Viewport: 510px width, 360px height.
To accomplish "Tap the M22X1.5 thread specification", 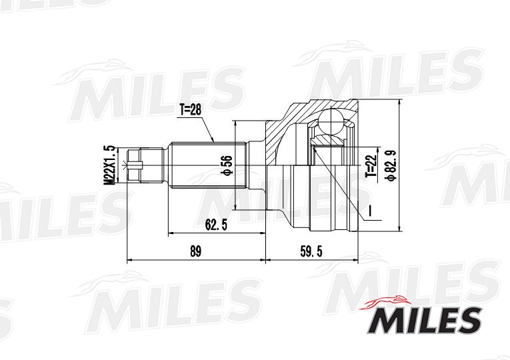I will pyautogui.click(x=110, y=165).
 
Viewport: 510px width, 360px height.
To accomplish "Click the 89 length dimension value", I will pyautogui.click(x=195, y=251).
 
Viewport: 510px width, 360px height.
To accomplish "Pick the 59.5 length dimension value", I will pyautogui.click(x=311, y=251).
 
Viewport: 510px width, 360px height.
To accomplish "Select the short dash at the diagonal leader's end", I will pyautogui.click(x=369, y=213).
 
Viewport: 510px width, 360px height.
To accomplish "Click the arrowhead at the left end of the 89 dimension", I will pyautogui.click(x=130, y=260).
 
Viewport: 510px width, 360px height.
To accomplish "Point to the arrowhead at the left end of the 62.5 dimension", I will pyautogui.click(x=172, y=233).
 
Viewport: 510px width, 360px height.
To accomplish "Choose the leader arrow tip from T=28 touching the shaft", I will pyautogui.click(x=213, y=141).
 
